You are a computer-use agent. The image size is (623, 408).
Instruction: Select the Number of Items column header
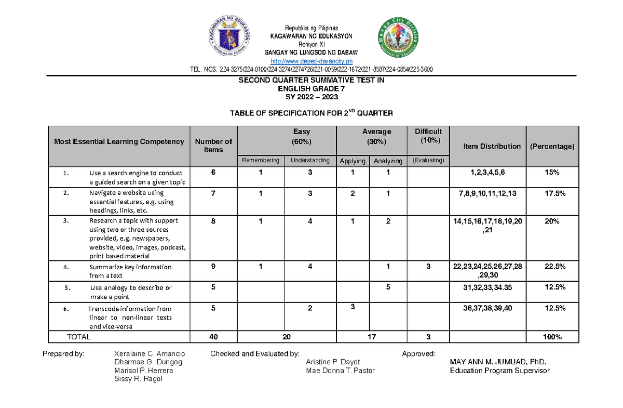click(x=213, y=146)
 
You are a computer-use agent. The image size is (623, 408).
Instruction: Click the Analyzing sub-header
click(x=388, y=161)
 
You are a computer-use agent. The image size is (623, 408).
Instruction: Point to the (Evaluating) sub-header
click(x=428, y=161)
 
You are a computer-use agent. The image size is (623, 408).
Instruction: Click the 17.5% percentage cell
click(x=552, y=193)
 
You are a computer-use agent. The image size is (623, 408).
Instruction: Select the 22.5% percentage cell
click(x=552, y=267)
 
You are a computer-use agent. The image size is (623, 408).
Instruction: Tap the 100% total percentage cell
click(x=552, y=337)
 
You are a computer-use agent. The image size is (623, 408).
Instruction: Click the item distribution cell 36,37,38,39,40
click(x=487, y=308)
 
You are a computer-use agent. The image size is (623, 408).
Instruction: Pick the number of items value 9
click(x=213, y=267)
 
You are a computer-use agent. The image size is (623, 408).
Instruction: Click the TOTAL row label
click(x=78, y=337)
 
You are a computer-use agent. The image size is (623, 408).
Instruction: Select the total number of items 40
click(x=213, y=337)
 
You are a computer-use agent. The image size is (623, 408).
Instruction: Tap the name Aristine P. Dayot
click(x=333, y=362)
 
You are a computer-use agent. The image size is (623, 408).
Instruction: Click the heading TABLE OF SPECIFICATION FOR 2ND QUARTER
click(x=311, y=113)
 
